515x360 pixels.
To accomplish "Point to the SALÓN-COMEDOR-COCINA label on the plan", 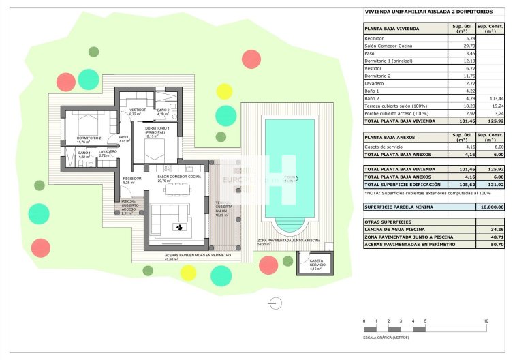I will click(178, 177).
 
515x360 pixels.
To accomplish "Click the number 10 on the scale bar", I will click(486, 320).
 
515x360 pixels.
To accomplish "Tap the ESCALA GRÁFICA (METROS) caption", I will click(386, 337).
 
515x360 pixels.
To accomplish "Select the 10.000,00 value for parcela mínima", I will click(490, 207).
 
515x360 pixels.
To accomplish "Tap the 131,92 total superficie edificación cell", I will click(495, 184).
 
